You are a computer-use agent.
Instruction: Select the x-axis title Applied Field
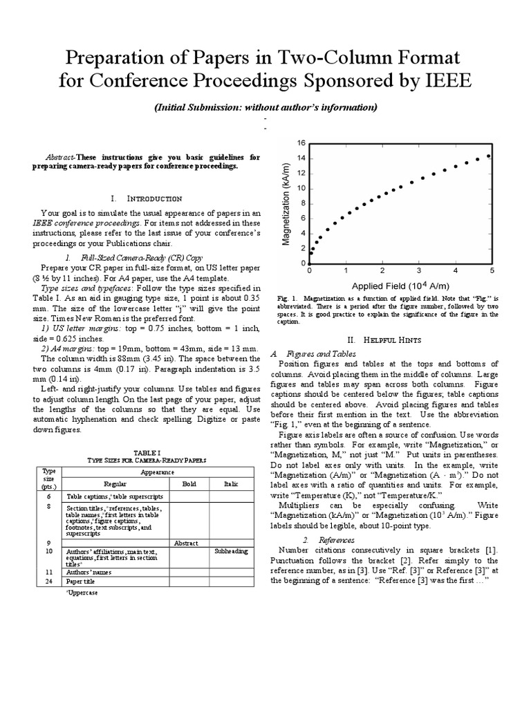400,286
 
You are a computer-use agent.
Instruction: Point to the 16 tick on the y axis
301,142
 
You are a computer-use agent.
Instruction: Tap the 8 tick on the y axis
303,203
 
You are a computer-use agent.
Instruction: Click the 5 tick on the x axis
492,270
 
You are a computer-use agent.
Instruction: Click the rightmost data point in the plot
490,156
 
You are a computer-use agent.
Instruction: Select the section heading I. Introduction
150,198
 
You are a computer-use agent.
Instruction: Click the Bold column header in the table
189,485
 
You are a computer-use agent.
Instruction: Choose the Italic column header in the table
230,485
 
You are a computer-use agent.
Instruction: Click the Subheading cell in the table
230,552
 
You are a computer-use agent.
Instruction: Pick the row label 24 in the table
49,581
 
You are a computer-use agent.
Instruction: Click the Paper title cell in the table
82,581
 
